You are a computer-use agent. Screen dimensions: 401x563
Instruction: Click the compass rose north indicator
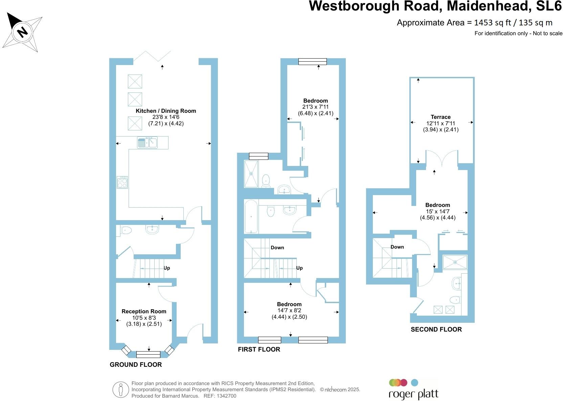pos(22,32)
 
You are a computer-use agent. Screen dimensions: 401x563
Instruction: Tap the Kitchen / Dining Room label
pos(166,111)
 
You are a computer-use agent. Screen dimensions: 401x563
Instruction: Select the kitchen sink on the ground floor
pos(148,143)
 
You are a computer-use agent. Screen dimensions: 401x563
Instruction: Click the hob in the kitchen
pos(122,182)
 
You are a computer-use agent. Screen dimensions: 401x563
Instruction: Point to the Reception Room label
pos(144,311)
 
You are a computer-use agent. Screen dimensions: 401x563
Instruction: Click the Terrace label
pos(441,117)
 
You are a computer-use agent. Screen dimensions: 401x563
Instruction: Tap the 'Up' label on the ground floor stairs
pos(167,268)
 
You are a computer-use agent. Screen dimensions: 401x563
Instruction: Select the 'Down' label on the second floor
pos(397,247)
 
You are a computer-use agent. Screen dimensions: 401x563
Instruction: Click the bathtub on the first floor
pos(251,216)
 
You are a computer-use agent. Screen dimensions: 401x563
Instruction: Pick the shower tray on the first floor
pos(251,173)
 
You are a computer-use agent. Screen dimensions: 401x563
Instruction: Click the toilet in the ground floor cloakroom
pos(126,230)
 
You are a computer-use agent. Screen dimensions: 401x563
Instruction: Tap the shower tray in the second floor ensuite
pos(455,262)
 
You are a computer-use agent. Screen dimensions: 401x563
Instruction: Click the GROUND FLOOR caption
pos(136,364)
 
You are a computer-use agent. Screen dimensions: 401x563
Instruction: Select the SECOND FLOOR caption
pos(436,329)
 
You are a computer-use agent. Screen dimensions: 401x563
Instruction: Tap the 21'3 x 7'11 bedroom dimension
pos(315,107)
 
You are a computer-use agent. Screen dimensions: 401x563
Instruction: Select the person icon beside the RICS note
pos(121,389)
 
